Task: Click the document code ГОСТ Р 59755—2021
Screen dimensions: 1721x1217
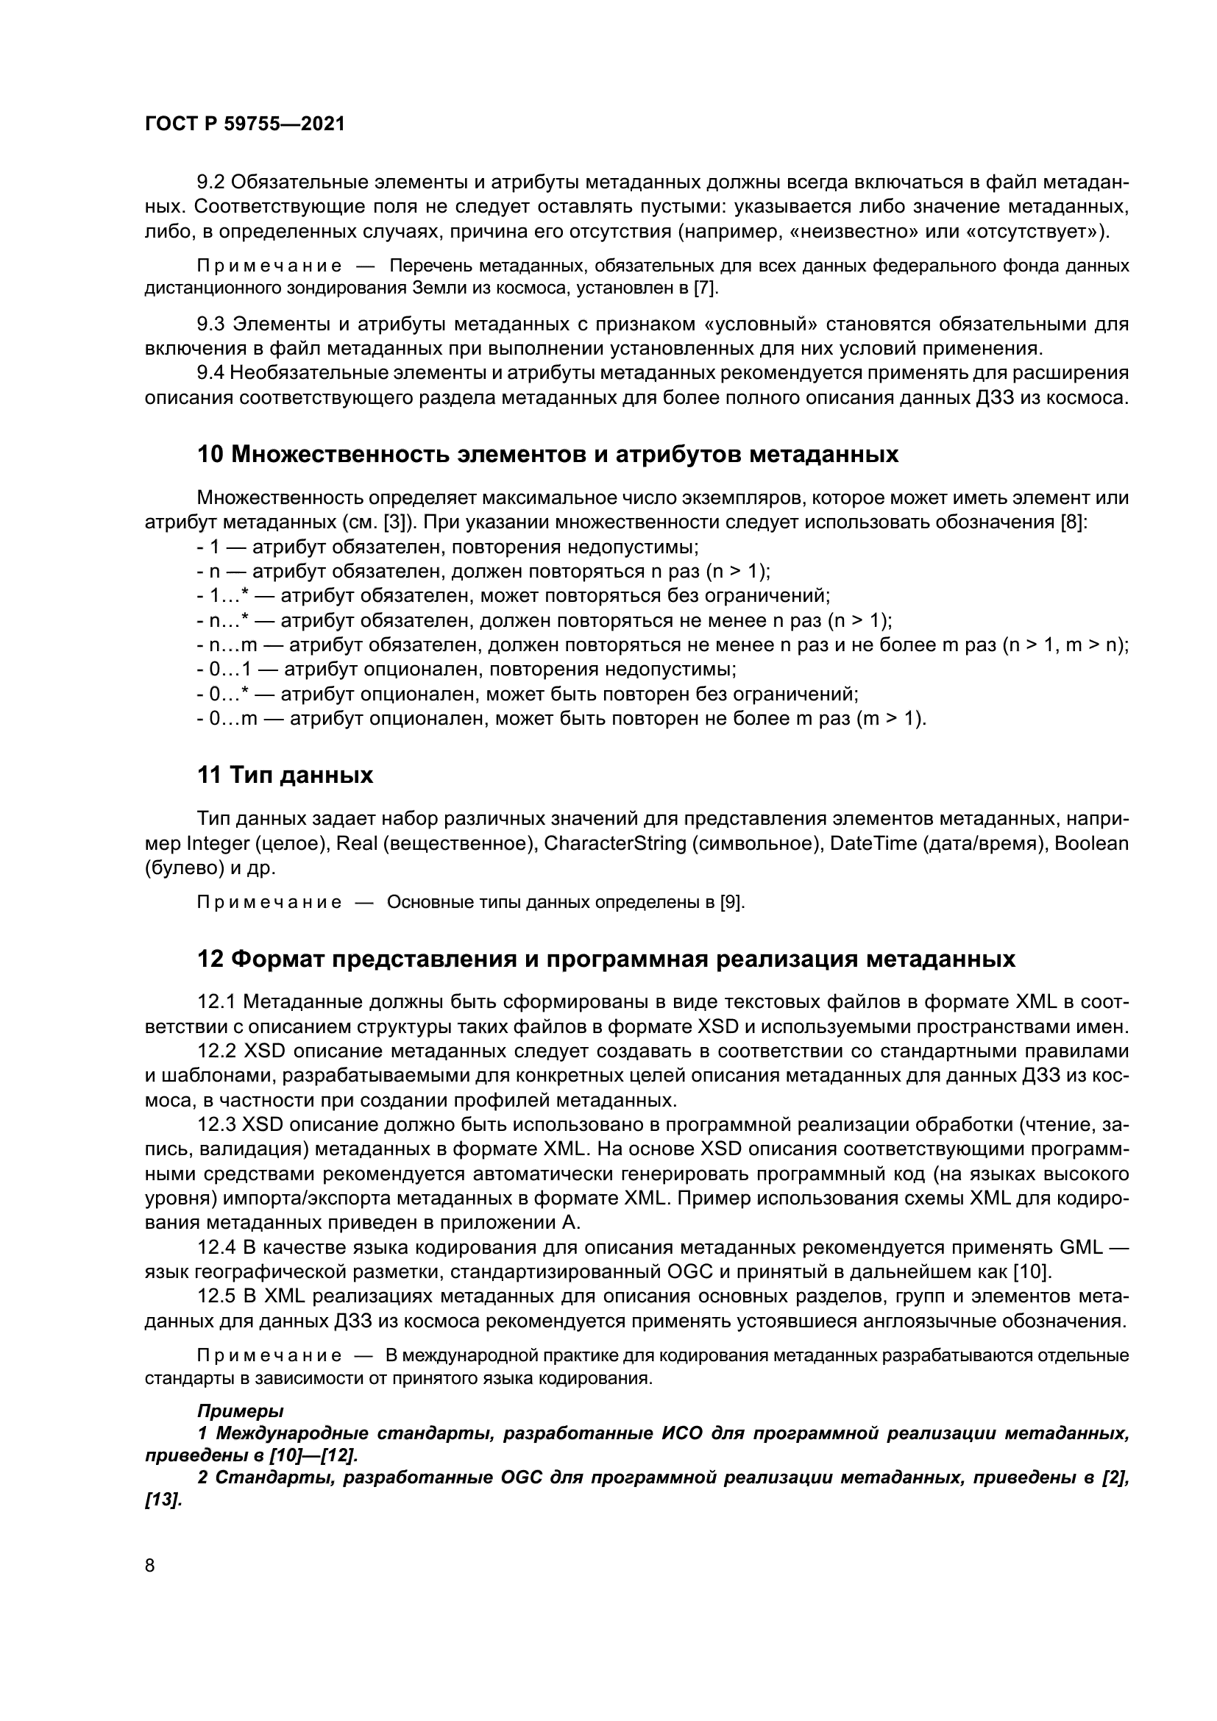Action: tap(244, 124)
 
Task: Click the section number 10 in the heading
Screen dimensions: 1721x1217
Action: tap(209, 455)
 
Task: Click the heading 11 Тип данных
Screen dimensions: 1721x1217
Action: tap(285, 775)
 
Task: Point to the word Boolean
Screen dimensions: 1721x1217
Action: tap(1091, 844)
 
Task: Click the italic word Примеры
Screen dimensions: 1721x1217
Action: tap(240, 1410)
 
